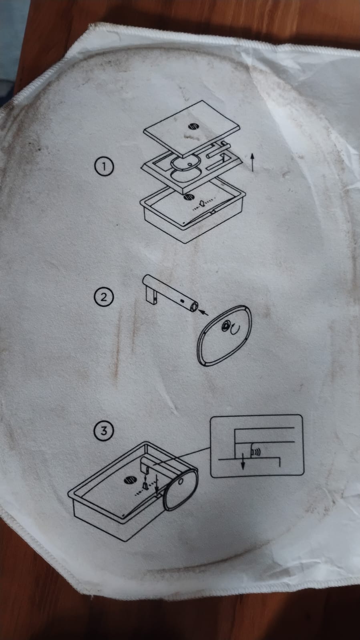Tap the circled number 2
(104, 297)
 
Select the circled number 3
(104, 431)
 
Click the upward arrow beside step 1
(252, 162)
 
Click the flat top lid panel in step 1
(191, 128)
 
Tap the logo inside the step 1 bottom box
(189, 197)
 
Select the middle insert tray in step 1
(191, 168)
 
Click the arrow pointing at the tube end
(204, 313)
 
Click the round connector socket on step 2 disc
(225, 326)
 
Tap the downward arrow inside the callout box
(243, 461)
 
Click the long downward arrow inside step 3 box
(157, 486)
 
